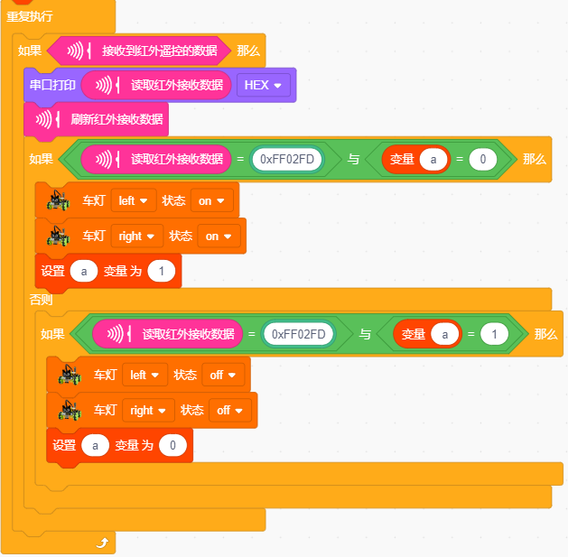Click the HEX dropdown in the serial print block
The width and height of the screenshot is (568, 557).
264,85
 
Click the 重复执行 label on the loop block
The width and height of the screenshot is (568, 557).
30,16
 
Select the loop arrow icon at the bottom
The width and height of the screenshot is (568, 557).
103,543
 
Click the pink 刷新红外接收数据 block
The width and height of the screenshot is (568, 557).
96,119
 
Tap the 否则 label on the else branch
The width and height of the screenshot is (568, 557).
41,300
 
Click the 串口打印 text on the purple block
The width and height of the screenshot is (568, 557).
52,85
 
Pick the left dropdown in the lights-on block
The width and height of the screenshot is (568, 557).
134,200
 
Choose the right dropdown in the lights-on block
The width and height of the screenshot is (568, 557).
137,237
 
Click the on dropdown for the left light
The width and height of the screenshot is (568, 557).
211,200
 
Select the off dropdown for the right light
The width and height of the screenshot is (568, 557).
230,411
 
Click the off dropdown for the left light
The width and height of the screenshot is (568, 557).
223,375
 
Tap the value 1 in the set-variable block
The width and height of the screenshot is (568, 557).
162,271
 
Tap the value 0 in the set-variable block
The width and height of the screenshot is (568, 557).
172,445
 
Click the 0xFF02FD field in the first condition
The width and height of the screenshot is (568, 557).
287,159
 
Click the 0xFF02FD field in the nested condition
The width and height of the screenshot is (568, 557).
299,334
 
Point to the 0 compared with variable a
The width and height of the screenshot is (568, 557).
482,159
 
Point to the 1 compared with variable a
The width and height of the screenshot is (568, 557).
494,334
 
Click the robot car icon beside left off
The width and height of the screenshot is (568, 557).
70,375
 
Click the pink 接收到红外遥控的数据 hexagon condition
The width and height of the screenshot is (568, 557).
139,51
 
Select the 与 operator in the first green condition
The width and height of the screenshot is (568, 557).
354,159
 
